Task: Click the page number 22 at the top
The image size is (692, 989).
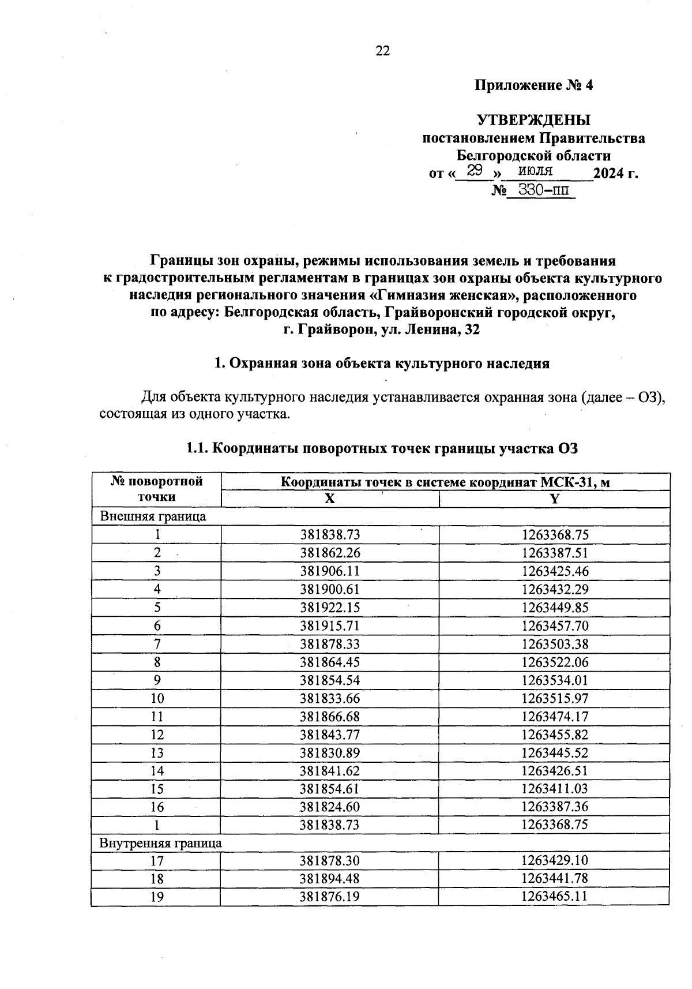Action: (383, 51)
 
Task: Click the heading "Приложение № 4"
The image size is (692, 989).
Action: (533, 85)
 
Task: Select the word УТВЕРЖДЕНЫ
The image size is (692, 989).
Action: (533, 120)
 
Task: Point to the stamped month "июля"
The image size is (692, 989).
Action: (536, 170)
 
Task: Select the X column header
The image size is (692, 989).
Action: (329, 500)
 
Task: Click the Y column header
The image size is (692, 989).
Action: (554, 500)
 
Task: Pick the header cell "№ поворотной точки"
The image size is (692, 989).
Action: (156, 489)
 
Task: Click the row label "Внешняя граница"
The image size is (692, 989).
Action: (153, 516)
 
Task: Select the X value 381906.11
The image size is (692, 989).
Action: (330, 571)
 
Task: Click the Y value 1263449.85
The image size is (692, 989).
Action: (555, 608)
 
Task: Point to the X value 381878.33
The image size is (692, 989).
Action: (330, 644)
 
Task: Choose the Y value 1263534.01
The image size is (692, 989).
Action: (555, 680)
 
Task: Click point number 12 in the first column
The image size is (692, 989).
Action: (157, 735)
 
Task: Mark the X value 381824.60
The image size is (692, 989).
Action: (330, 807)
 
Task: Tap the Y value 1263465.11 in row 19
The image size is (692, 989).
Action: (555, 897)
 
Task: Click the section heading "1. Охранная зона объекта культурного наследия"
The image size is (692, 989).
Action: (382, 364)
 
